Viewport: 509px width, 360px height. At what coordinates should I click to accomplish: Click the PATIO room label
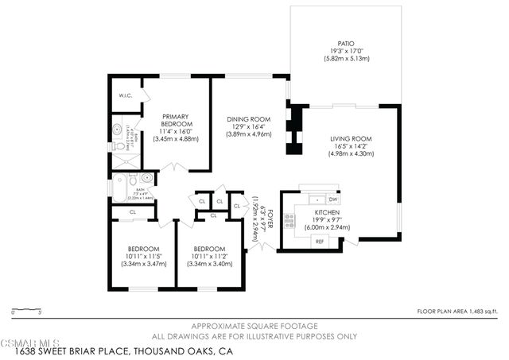345,44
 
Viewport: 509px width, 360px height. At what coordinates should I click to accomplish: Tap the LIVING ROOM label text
351,138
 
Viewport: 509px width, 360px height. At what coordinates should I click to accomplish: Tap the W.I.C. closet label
125,96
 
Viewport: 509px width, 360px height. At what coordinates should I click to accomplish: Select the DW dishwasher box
332,199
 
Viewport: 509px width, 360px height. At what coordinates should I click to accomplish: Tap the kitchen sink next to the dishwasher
316,199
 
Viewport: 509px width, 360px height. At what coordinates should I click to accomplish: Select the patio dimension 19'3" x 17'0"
345,52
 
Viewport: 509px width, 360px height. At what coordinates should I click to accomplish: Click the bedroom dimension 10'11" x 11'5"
143,256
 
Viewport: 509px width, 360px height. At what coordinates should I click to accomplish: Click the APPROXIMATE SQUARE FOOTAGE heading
254,326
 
